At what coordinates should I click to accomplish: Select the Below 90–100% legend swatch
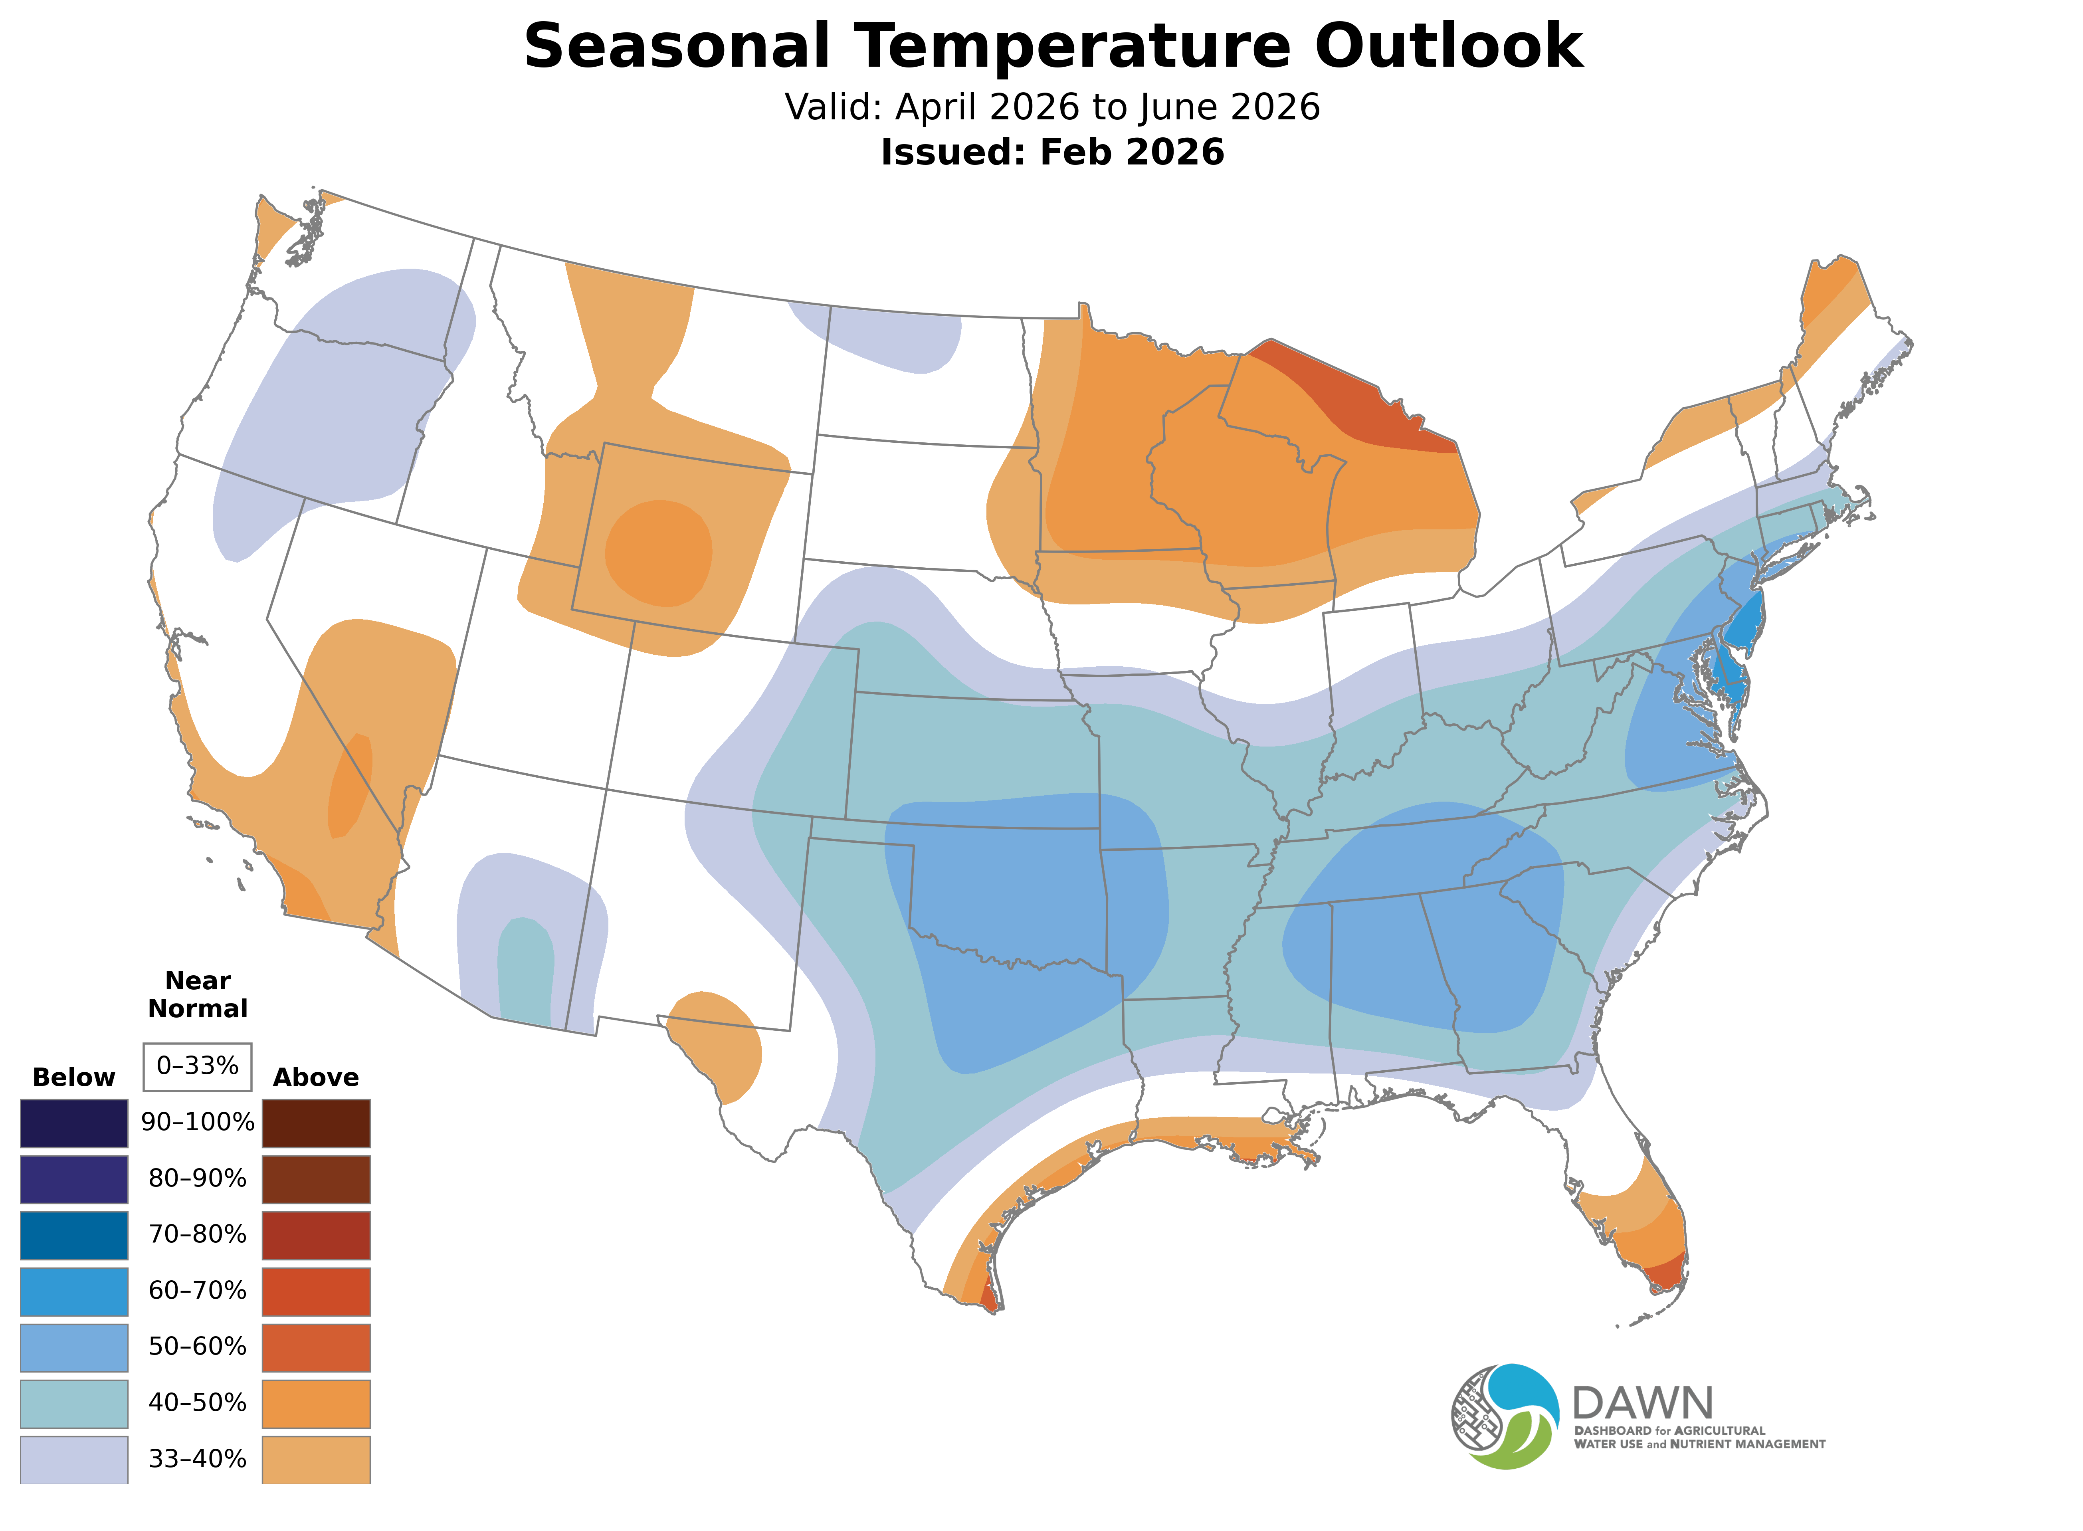pyautogui.click(x=74, y=1123)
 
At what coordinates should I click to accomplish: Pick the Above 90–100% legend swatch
pyautogui.click(x=316, y=1123)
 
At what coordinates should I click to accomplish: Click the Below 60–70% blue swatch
pyautogui.click(x=74, y=1291)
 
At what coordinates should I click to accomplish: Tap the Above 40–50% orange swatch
pyautogui.click(x=316, y=1403)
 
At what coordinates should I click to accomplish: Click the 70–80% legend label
pyautogui.click(x=197, y=1234)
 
